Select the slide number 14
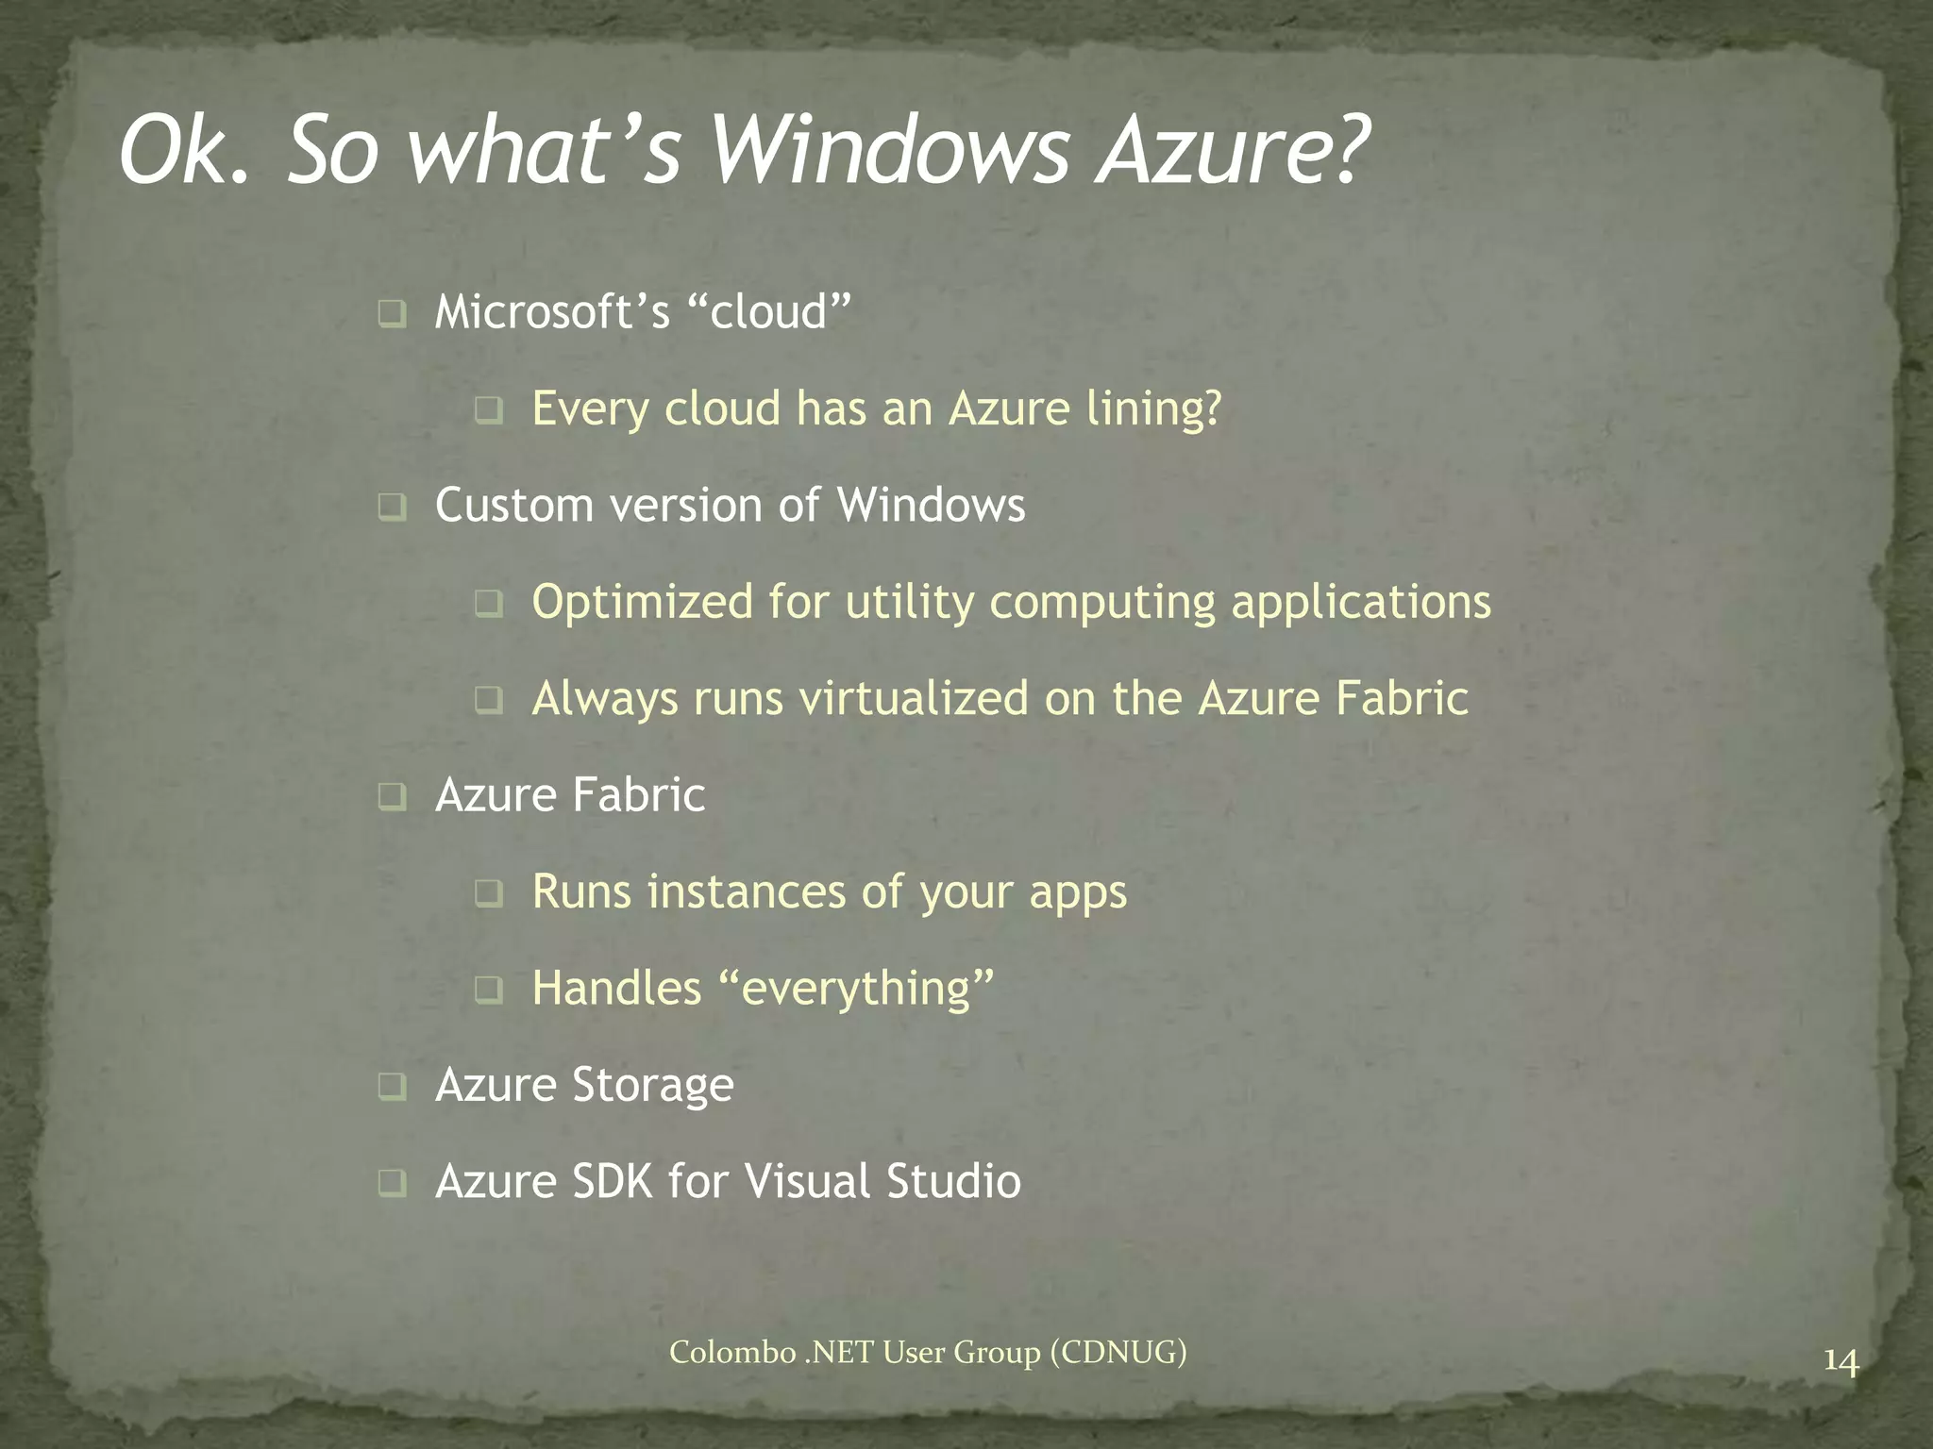[x=1841, y=1362]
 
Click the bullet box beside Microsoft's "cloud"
[x=392, y=313]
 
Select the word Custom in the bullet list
[x=514, y=505]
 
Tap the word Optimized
[x=643, y=603]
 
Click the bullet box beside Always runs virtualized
[x=489, y=700]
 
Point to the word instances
[x=746, y=891]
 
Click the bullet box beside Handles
[x=489, y=990]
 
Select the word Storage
[x=652, y=1086]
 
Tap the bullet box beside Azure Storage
[x=392, y=1086]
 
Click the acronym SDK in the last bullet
[x=613, y=1182]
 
